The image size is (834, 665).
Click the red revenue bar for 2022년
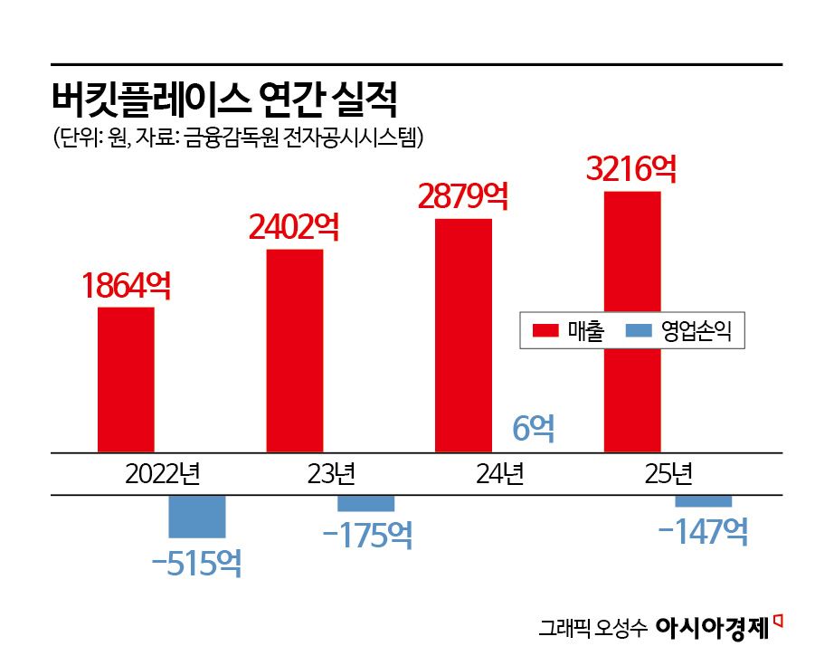126,379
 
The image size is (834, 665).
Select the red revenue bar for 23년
295,350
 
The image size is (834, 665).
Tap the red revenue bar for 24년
463,335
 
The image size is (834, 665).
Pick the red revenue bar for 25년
632,321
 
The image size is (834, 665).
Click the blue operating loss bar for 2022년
197,517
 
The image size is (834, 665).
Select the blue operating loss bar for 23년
366,503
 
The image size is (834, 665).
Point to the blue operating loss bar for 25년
704,501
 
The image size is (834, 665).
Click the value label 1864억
126,286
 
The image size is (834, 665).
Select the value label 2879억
463,196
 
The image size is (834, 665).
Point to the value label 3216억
631,169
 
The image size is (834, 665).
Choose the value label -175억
367,535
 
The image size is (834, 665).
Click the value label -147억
704,531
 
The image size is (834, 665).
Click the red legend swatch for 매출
546,331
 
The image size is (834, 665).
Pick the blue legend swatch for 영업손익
640,331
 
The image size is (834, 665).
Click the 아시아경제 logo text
711,627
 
